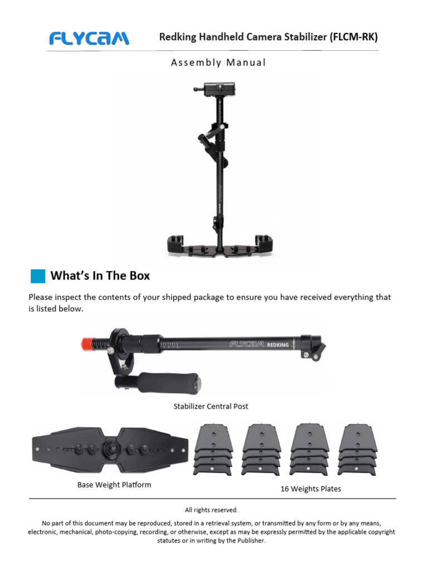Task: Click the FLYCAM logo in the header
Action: click(89, 38)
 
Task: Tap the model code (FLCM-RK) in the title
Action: click(354, 37)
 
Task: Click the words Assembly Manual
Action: click(218, 62)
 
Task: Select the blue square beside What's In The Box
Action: click(37, 276)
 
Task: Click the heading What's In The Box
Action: click(100, 275)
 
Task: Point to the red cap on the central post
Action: click(87, 342)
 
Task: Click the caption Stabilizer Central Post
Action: click(211, 407)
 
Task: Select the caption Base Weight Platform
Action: click(114, 485)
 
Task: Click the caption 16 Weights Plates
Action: click(310, 489)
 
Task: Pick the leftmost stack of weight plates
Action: click(212, 450)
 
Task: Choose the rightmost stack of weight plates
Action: click(357, 450)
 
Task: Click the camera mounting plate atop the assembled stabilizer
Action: click(215, 89)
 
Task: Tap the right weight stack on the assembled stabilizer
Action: click(265, 241)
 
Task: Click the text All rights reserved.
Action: click(211, 510)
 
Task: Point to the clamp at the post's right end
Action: click(312, 346)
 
